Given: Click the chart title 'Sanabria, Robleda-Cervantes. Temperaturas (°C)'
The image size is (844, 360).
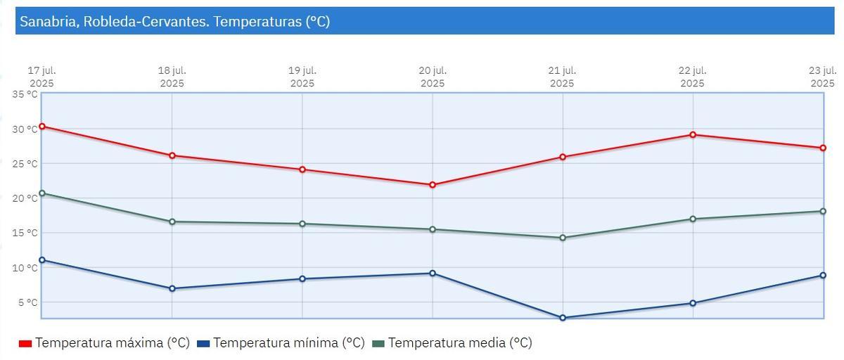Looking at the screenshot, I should point(174,22).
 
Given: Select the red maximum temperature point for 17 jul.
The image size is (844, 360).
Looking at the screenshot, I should point(42,127).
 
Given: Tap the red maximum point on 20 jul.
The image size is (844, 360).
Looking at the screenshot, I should point(433,185).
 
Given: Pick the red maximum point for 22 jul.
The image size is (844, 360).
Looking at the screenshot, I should point(693,134).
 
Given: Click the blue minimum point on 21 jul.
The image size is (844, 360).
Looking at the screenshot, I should point(563,318).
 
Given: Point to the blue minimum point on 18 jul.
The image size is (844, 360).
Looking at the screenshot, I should point(172,288).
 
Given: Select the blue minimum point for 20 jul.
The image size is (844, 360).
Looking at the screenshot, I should point(433,273).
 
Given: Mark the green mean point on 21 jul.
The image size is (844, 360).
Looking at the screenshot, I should point(563,238).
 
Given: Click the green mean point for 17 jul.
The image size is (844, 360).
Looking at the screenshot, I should point(42,193).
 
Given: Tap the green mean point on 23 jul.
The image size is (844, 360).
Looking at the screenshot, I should point(823,211).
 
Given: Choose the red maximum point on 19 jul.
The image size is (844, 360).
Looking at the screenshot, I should point(302,169).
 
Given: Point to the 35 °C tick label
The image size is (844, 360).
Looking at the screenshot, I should point(25,94).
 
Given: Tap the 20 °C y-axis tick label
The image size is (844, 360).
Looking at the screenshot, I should point(25,198).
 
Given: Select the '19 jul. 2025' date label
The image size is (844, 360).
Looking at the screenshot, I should point(302,77).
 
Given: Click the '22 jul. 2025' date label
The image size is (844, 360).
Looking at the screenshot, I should point(693,77).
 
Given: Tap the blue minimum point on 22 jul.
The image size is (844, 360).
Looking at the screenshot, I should point(693,303).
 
